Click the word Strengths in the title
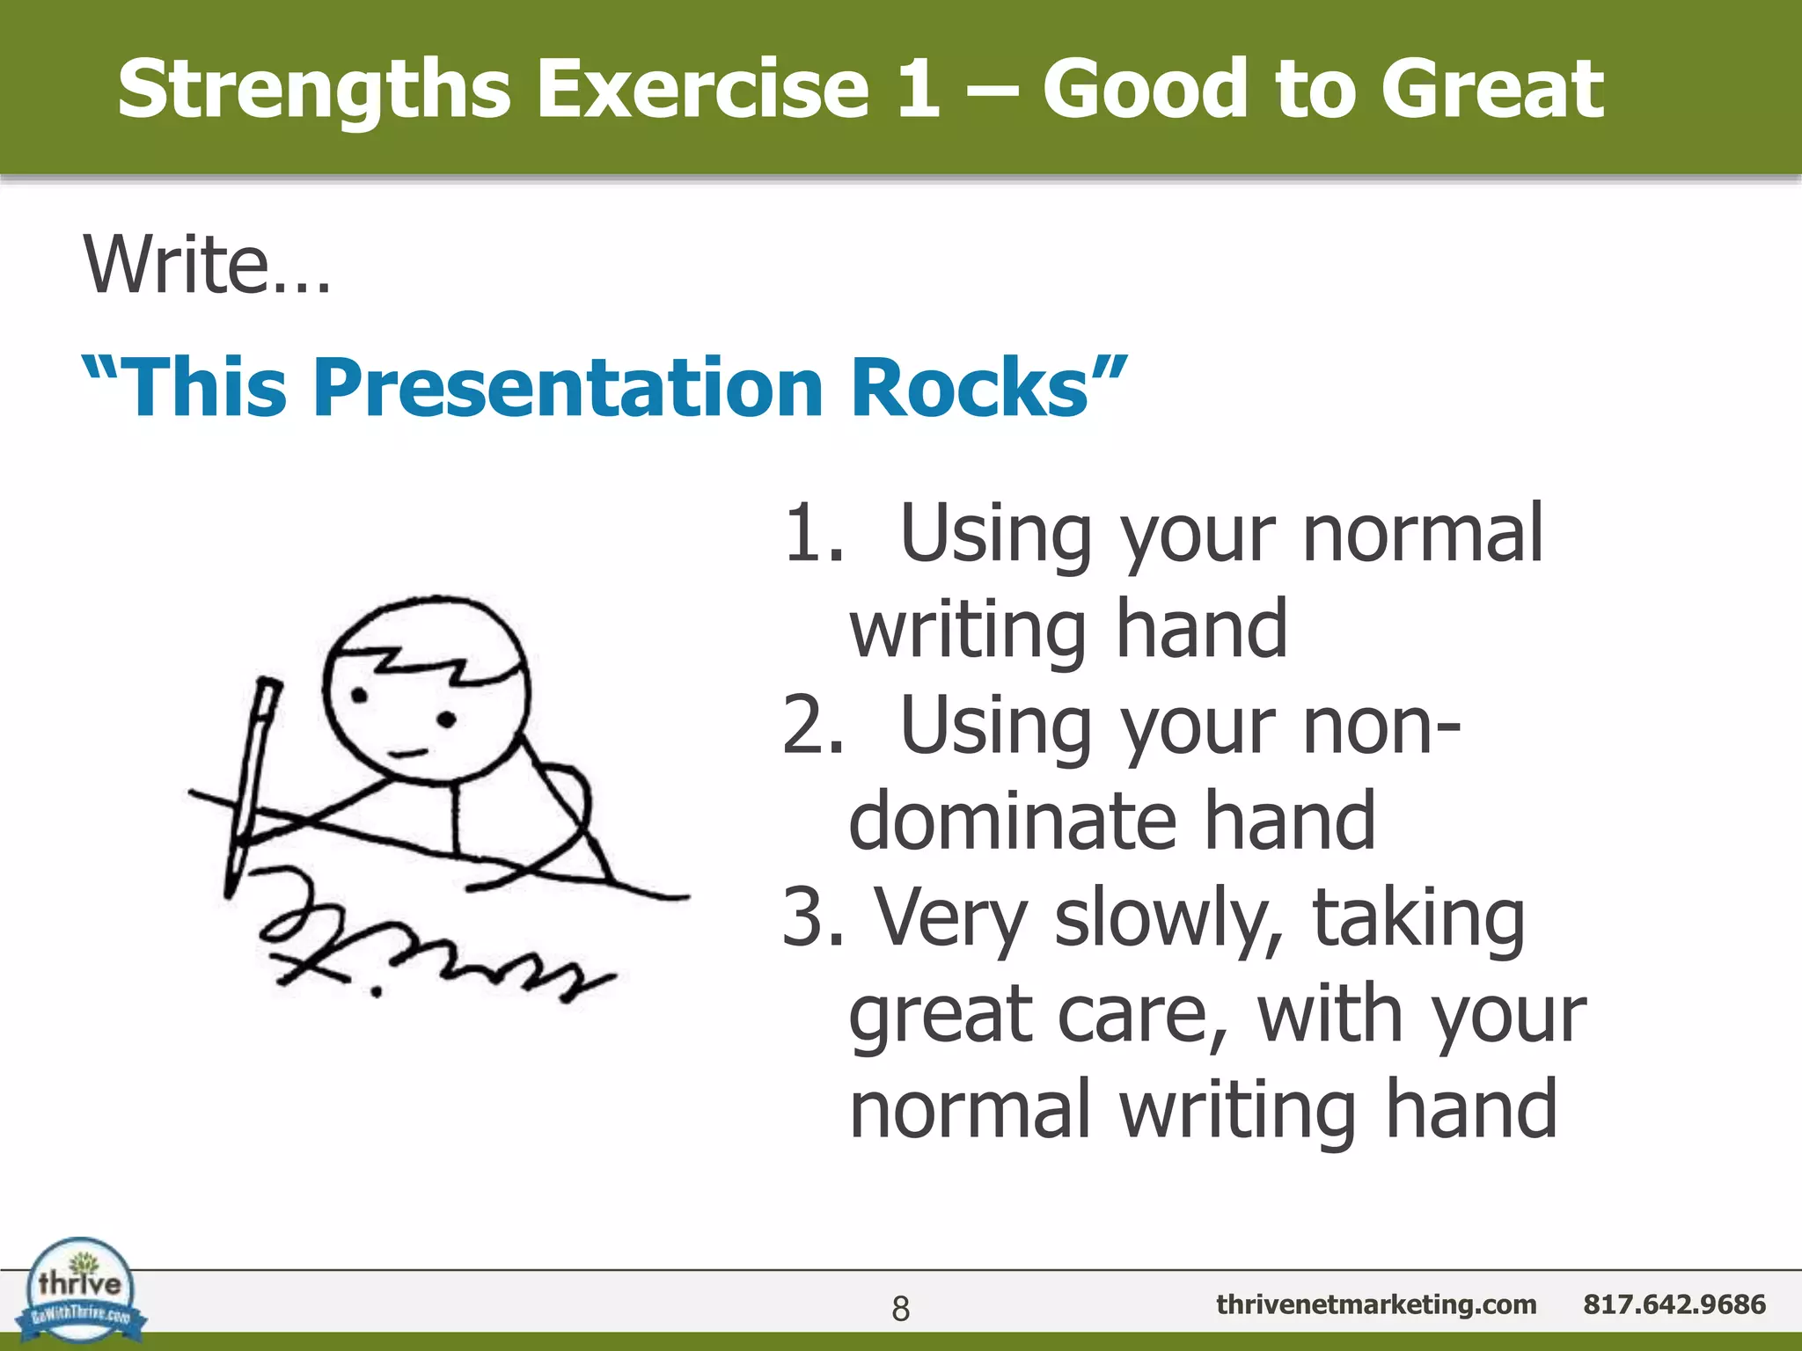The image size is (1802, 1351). click(313, 90)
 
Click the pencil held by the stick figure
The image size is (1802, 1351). click(252, 783)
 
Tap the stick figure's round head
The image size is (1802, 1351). click(426, 690)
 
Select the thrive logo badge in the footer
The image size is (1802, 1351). click(81, 1291)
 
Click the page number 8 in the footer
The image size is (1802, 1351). click(900, 1309)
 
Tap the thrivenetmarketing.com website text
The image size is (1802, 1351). click(1376, 1304)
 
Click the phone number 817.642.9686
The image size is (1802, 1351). click(1674, 1304)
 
